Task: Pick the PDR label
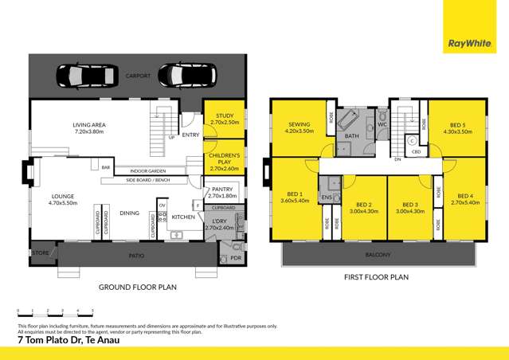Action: pyautogui.click(x=235, y=258)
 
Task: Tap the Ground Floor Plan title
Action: pyautogui.click(x=137, y=287)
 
